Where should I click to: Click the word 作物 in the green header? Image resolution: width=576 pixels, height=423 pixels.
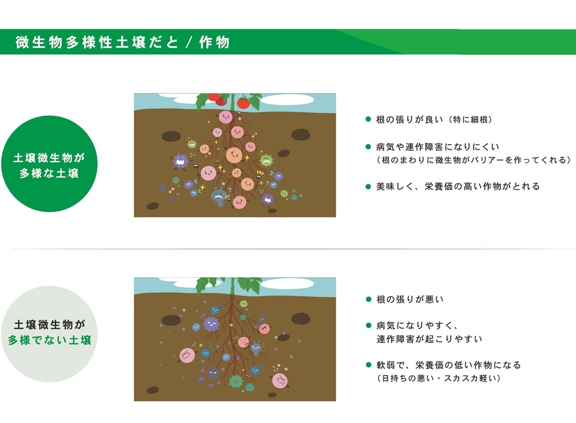tap(214, 43)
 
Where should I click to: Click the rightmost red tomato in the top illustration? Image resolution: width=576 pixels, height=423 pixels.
tap(244, 103)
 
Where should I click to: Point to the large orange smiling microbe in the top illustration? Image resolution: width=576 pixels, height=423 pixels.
tap(234, 154)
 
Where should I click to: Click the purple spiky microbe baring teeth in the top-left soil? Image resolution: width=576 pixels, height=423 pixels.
tap(181, 161)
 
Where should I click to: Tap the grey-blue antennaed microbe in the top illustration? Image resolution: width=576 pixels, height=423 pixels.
tap(220, 195)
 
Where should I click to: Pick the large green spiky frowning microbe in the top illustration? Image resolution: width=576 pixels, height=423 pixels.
tap(266, 160)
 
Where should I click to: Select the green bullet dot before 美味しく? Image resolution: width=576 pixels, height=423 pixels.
tap(368, 186)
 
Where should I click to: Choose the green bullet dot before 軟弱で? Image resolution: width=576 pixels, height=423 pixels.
tap(368, 365)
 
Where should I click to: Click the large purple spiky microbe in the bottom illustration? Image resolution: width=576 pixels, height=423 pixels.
tap(211, 323)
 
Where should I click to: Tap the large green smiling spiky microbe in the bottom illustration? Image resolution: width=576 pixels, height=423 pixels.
tap(235, 381)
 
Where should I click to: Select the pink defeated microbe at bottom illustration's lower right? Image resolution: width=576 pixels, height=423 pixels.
tap(281, 380)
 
